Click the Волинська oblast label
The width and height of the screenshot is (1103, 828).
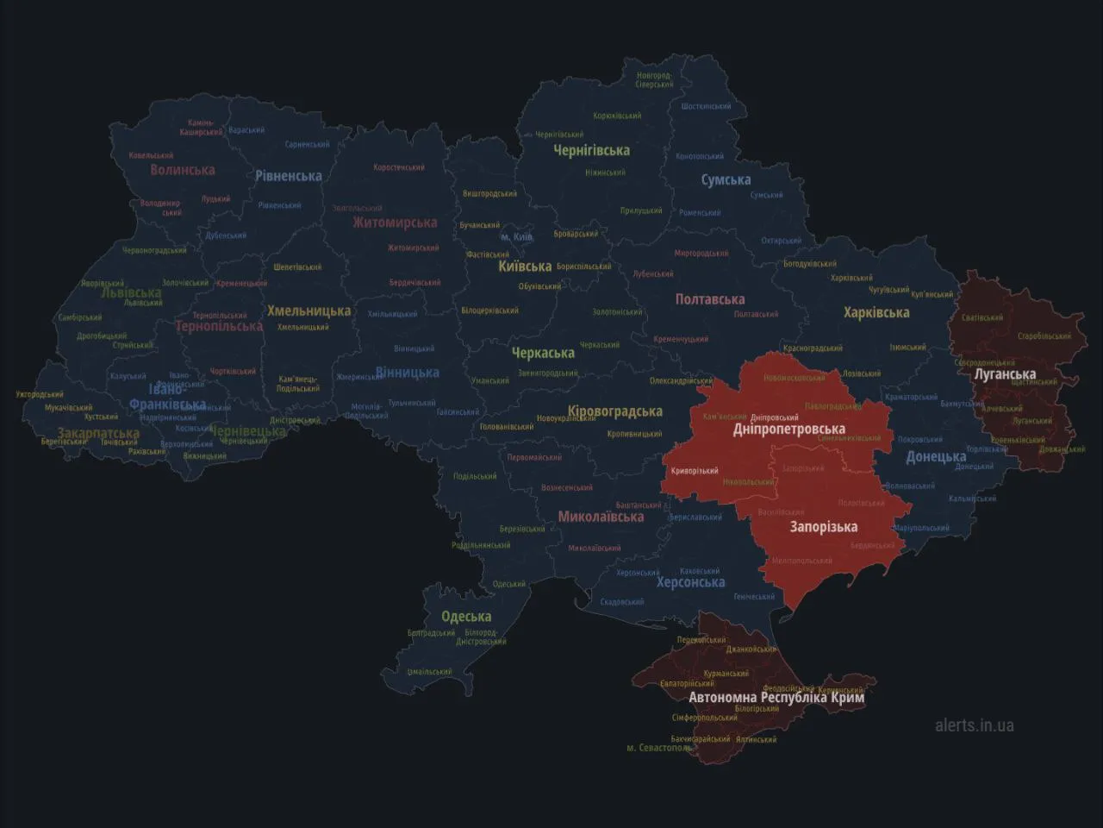(183, 170)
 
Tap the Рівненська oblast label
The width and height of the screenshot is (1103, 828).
(289, 176)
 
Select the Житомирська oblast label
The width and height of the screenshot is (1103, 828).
(395, 223)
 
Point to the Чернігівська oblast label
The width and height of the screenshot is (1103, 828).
(591, 150)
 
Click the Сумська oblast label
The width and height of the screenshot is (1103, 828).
(726, 180)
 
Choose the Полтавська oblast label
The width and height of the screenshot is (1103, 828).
(710, 299)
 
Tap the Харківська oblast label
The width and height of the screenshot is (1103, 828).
(876, 312)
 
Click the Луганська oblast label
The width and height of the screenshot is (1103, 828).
(1005, 374)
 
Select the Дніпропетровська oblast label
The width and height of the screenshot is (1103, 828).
(788, 429)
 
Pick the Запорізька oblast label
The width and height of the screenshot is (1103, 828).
(823, 526)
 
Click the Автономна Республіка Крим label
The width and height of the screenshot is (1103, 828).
(776, 697)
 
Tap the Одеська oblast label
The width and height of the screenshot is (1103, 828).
(466, 617)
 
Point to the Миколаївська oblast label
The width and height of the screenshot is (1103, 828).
(601, 517)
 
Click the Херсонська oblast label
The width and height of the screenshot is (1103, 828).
(690, 582)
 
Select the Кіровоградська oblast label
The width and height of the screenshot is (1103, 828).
(615, 411)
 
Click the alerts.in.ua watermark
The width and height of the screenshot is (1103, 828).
(975, 724)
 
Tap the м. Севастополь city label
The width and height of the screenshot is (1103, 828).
(658, 748)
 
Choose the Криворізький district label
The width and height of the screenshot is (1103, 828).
(695, 471)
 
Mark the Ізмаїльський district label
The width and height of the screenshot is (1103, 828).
(429, 672)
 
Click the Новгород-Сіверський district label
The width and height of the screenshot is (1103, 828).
(655, 80)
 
